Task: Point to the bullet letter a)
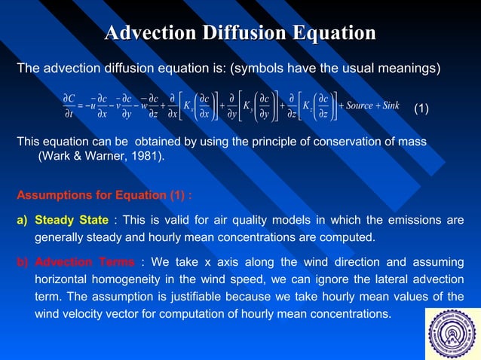click(22, 220)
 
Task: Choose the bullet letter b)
click(22, 262)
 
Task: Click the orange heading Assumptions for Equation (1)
click(104, 194)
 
